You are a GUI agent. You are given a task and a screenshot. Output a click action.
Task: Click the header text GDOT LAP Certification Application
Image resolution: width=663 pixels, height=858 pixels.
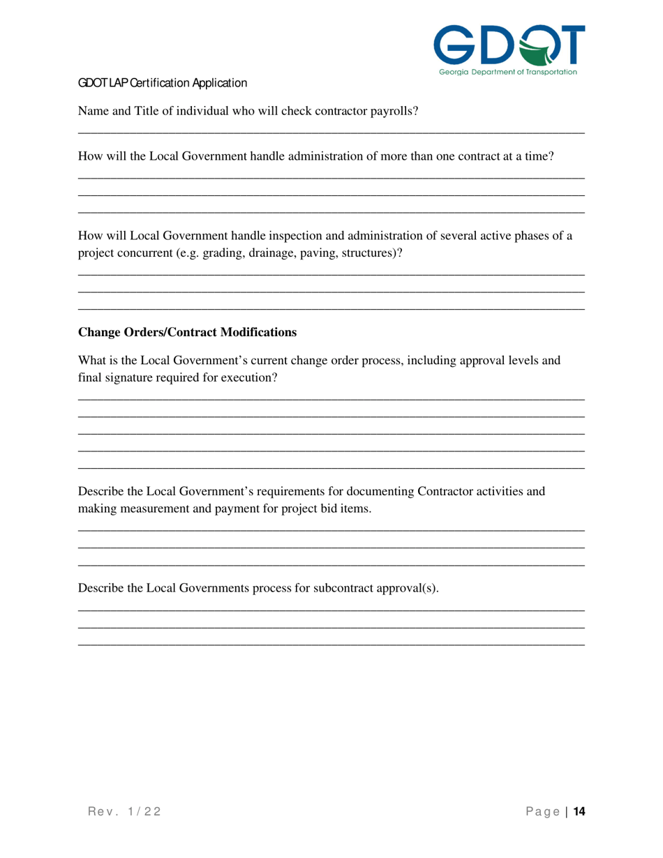[162, 84]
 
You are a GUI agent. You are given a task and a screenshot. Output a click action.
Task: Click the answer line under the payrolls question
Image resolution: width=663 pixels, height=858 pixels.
[331, 133]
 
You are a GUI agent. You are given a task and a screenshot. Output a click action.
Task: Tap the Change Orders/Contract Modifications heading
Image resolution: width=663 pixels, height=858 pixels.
[187, 332]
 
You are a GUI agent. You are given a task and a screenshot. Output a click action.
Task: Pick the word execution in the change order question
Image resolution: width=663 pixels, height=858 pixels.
[251, 378]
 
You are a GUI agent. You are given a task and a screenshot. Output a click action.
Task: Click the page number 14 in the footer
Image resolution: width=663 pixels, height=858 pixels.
[579, 811]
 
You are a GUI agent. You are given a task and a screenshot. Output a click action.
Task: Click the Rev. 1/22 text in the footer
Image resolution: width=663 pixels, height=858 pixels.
[124, 811]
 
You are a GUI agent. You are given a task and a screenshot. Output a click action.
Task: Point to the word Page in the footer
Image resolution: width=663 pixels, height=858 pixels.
[543, 811]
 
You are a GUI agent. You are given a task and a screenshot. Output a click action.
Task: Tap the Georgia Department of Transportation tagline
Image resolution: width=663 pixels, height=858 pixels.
[508, 71]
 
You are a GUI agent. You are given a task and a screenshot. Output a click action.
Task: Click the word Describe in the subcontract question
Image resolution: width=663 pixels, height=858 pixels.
[100, 587]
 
